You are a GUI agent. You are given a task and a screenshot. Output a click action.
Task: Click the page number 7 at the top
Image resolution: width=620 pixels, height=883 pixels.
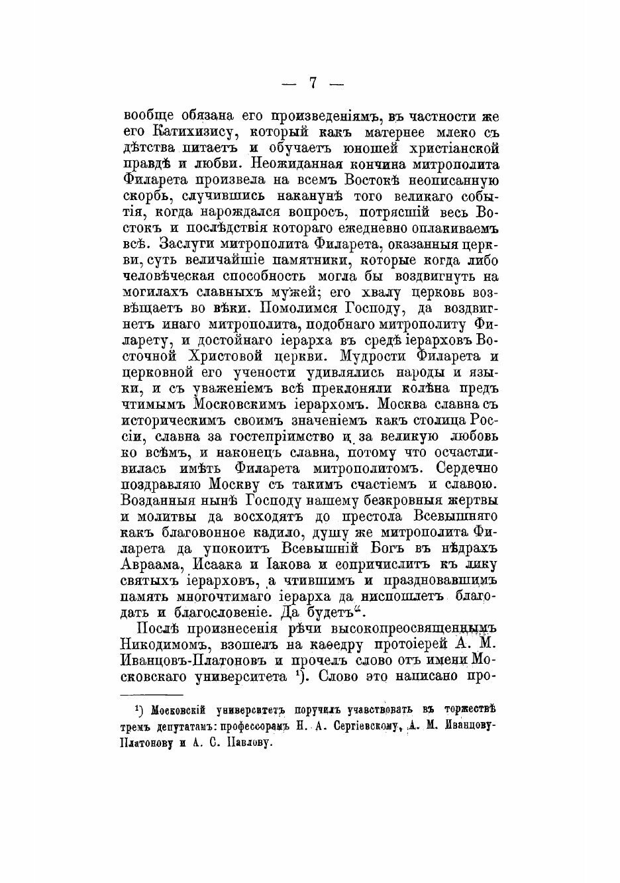click(x=312, y=82)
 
